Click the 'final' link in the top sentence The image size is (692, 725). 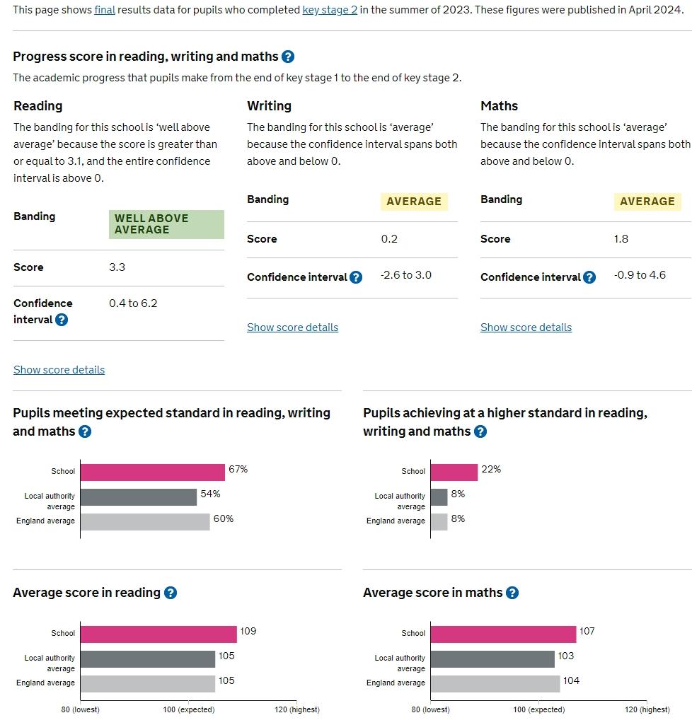tap(104, 10)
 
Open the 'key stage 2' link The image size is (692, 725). tap(330, 10)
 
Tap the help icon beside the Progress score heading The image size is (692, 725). tap(288, 57)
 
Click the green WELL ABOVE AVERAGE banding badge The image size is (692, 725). tap(166, 224)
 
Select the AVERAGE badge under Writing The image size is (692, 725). tap(414, 202)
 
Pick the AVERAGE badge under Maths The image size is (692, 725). tap(647, 202)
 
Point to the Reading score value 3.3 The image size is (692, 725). tap(117, 267)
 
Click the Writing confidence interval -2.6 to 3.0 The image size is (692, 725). tap(406, 275)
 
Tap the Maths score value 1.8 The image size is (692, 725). tap(621, 239)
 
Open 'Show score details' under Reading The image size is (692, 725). tap(59, 370)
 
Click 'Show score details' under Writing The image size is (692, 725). tap(293, 327)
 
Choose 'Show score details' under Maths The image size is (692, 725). tap(526, 327)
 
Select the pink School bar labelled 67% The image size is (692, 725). tap(152, 472)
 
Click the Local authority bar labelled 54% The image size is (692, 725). tap(139, 497)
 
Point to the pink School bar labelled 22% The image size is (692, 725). tap(454, 472)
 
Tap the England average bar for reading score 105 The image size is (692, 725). tap(148, 683)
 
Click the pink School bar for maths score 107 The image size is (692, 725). tap(503, 634)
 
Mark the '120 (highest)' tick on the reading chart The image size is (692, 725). tap(297, 709)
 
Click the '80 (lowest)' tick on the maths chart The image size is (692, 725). tap(430, 709)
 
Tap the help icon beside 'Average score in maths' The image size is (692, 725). tap(512, 593)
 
